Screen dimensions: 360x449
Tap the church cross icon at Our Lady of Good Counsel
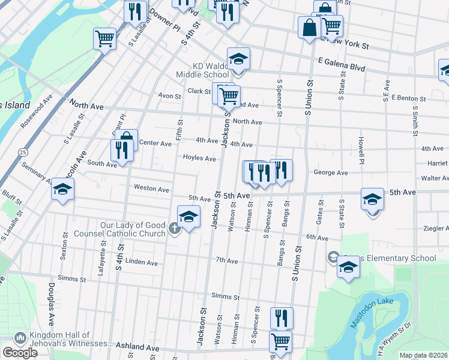(x=175, y=228)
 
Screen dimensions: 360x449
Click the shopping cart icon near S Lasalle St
(x=104, y=39)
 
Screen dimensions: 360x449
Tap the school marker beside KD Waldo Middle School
(x=238, y=59)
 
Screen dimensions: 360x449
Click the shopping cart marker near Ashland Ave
(x=280, y=342)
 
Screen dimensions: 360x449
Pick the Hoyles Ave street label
(x=199, y=158)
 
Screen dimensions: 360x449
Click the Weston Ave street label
(x=151, y=188)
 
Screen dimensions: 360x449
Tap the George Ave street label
(x=330, y=173)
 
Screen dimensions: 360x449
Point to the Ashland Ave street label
(x=139, y=347)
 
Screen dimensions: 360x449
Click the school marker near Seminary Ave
(x=62, y=190)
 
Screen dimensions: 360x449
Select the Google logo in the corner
(x=20, y=353)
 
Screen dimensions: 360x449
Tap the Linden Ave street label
(x=141, y=263)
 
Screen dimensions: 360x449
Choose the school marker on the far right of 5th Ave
(x=372, y=199)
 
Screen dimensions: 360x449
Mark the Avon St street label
(x=169, y=96)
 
